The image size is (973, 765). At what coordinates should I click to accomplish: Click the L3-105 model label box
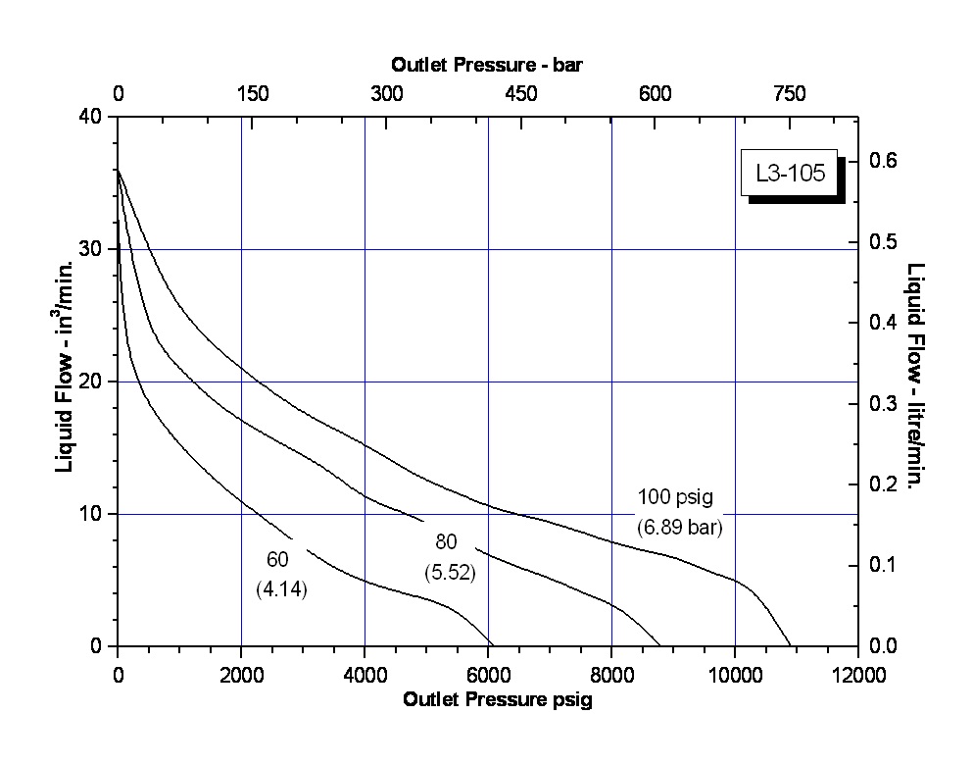790,175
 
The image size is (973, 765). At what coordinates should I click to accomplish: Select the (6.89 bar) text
679,528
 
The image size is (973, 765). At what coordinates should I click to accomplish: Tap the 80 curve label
446,542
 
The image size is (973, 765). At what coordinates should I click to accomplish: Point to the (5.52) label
449,572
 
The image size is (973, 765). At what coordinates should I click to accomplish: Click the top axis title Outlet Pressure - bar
488,66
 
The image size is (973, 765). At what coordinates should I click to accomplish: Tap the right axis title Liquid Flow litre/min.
916,378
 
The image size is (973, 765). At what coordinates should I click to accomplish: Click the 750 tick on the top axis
789,94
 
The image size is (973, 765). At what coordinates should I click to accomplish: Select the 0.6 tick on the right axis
885,161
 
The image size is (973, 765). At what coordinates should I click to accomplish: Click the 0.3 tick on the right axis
885,403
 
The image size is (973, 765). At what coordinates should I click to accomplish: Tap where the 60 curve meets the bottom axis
492,645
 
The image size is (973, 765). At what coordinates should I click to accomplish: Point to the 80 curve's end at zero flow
660,645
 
